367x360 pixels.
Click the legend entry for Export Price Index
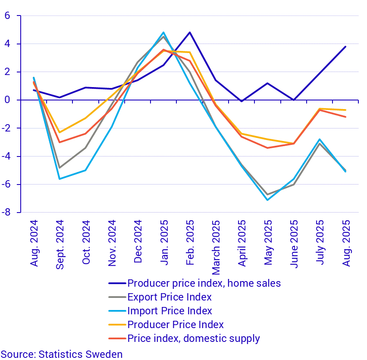click(x=169, y=297)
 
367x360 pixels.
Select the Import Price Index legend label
click(x=169, y=311)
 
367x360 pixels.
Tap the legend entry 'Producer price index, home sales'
click(x=204, y=283)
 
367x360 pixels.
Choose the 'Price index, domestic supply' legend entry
click(x=194, y=338)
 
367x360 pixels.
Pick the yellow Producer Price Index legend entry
click(x=176, y=325)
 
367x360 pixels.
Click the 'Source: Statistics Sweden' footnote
click(x=62, y=354)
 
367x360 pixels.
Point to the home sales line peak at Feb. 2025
click(x=190, y=32)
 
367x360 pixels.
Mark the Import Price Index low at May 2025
click(x=268, y=200)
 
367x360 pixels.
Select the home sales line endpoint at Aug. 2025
click(x=345, y=47)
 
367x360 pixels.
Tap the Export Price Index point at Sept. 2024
click(x=60, y=167)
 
